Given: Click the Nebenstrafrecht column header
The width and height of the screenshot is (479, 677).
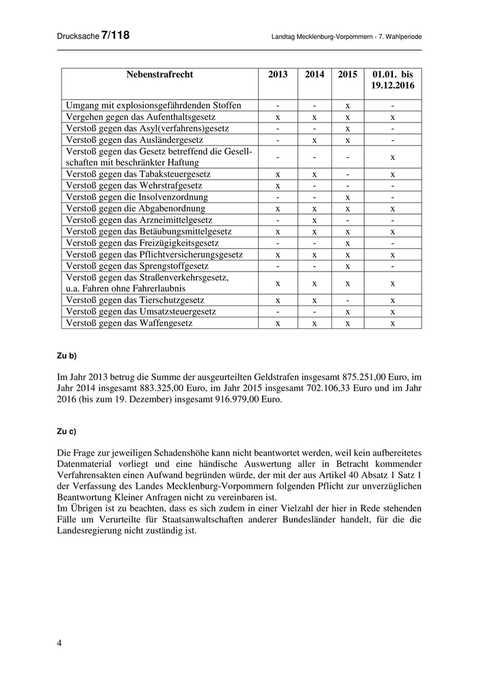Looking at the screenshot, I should (x=159, y=75).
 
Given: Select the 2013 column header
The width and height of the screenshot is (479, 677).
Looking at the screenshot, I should (x=278, y=75).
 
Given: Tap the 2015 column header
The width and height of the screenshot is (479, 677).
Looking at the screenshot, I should (x=347, y=75).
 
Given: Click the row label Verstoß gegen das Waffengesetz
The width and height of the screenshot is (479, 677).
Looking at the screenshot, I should (x=130, y=323).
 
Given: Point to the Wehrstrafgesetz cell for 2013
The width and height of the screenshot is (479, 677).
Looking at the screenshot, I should (x=278, y=185).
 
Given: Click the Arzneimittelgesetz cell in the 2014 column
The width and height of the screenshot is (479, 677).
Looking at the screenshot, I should (x=314, y=220).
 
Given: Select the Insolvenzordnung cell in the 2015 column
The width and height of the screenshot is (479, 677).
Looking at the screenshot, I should (x=348, y=197).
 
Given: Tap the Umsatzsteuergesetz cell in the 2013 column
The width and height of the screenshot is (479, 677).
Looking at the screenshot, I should (x=278, y=311).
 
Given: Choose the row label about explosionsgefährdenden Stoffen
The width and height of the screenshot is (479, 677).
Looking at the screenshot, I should (x=153, y=105).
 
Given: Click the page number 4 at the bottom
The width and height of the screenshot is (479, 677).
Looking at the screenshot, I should (x=59, y=643).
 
